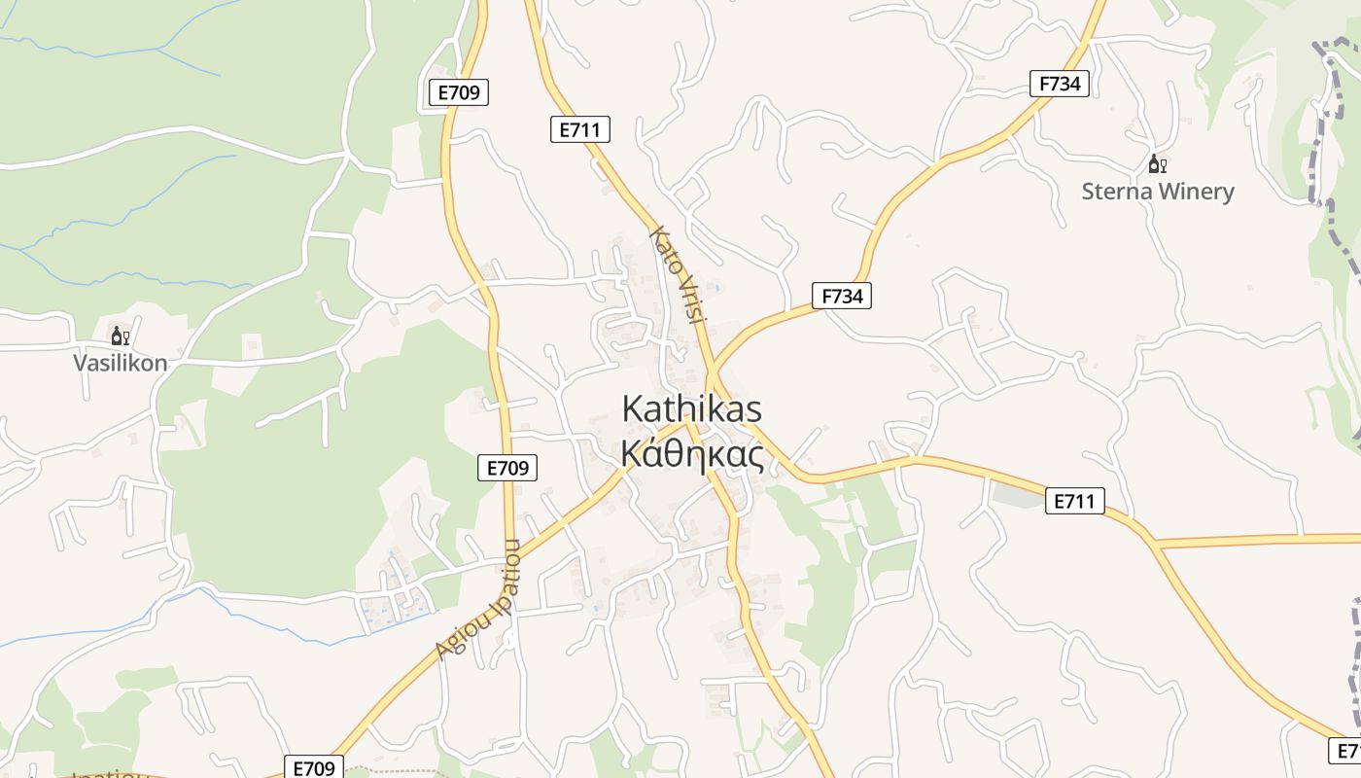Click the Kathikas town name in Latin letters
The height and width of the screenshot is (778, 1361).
pyautogui.click(x=691, y=408)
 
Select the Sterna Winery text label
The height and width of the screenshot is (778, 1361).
pyautogui.click(x=1158, y=191)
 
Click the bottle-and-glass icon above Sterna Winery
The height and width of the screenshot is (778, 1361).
pyautogui.click(x=1157, y=164)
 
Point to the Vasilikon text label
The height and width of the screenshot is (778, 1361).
pyautogui.click(x=121, y=363)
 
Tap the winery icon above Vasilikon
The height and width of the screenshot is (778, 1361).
pyautogui.click(x=120, y=336)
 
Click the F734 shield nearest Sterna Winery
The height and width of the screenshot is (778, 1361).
pyautogui.click(x=1060, y=84)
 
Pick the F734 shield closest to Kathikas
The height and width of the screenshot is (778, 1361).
pyautogui.click(x=842, y=296)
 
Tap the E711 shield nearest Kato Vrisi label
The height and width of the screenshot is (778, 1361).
pyautogui.click(x=580, y=129)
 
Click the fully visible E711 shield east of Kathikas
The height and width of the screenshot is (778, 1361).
pyautogui.click(x=1075, y=502)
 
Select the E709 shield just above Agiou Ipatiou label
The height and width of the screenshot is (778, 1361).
pyautogui.click(x=507, y=468)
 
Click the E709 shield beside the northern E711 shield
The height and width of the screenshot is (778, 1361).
pyautogui.click(x=459, y=93)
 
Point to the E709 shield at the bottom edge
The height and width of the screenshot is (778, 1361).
pyautogui.click(x=314, y=767)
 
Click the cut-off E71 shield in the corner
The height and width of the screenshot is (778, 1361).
pyautogui.click(x=1346, y=750)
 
